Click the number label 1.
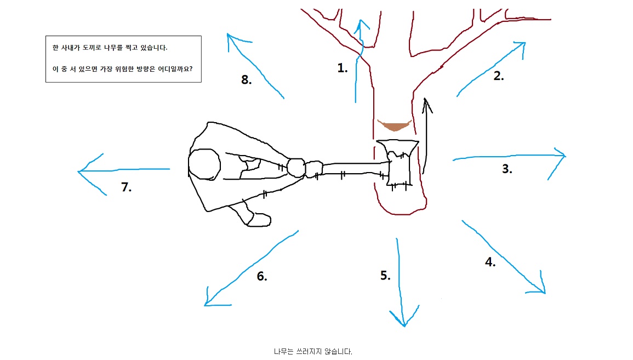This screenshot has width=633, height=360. point(343,68)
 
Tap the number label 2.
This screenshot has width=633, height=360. point(498,76)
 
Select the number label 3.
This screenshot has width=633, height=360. point(507,169)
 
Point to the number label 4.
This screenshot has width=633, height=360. point(490,262)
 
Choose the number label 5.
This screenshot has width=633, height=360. point(385,275)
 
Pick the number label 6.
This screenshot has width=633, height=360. point(262,276)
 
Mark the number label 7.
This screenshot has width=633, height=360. point(127,187)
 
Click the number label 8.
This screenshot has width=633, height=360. point(246,80)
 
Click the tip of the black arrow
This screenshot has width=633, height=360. point(425,99)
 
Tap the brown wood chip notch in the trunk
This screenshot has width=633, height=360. point(394,126)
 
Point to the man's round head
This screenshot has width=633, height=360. point(204,163)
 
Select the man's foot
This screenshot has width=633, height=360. point(258,219)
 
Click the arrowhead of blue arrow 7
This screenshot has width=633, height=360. point(79,172)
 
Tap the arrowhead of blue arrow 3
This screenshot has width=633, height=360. point(564,157)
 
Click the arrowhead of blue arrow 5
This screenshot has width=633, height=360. point(404,325)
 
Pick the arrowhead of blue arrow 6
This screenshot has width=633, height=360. point(206,304)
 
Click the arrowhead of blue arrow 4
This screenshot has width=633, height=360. point(544,293)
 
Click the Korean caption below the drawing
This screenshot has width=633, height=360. point(313,351)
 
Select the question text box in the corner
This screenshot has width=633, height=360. point(123,59)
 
